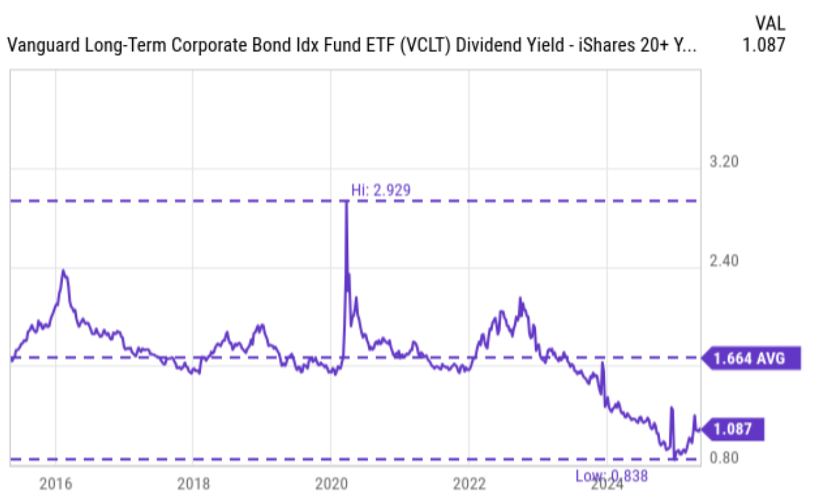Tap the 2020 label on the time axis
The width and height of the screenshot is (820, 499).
331,483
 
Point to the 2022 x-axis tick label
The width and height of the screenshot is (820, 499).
469,483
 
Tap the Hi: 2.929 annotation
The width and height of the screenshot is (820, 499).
381,190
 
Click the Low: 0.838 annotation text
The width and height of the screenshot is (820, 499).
611,476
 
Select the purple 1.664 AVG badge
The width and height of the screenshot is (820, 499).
750,358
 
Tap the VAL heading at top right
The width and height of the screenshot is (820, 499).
769,23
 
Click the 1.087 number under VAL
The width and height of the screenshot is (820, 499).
763,45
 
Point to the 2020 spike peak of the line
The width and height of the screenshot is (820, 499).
346,202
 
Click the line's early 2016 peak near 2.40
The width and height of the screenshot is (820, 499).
64,271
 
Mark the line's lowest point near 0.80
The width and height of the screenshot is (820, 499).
674,458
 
